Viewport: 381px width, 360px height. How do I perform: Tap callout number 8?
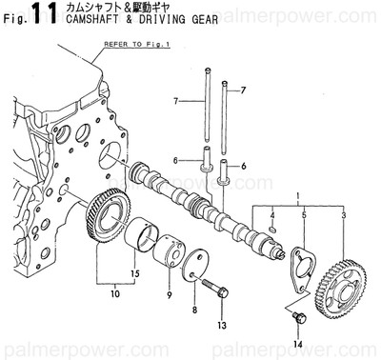tap(194, 310)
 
